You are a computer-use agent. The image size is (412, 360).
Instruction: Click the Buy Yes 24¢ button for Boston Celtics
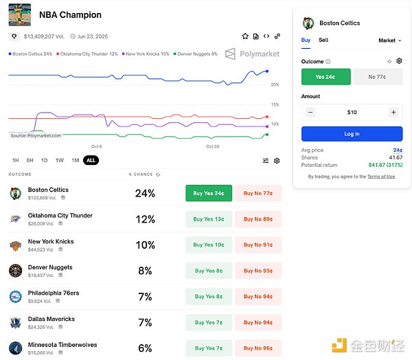[x=209, y=193]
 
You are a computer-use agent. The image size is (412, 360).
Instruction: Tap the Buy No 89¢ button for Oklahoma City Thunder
[x=258, y=219]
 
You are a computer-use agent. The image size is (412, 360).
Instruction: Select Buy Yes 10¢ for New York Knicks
[x=209, y=245]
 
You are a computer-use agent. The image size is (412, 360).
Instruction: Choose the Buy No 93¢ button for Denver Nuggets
[x=258, y=271]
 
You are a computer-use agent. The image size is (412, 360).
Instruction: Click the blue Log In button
[x=352, y=134]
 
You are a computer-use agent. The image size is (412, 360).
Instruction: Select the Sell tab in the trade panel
[x=323, y=41]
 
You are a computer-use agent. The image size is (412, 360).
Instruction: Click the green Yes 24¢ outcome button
[x=326, y=77]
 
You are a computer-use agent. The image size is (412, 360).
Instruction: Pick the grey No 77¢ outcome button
[x=377, y=77]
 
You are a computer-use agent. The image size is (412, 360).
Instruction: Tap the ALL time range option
[x=91, y=160]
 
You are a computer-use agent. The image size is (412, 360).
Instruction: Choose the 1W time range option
[x=60, y=160]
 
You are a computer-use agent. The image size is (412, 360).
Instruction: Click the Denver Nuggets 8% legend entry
[x=196, y=54]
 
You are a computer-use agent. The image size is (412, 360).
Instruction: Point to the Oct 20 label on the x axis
[x=213, y=146]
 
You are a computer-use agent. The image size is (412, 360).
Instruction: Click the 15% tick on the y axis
[x=275, y=104]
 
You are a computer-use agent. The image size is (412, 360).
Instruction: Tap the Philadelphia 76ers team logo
[x=15, y=296]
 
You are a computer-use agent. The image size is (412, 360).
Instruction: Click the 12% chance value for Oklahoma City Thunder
[x=145, y=219]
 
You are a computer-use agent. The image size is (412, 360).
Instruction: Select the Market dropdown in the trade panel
[x=388, y=41]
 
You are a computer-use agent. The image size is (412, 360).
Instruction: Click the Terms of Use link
[x=381, y=177]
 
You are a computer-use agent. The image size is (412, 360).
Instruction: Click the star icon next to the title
[x=245, y=36]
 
